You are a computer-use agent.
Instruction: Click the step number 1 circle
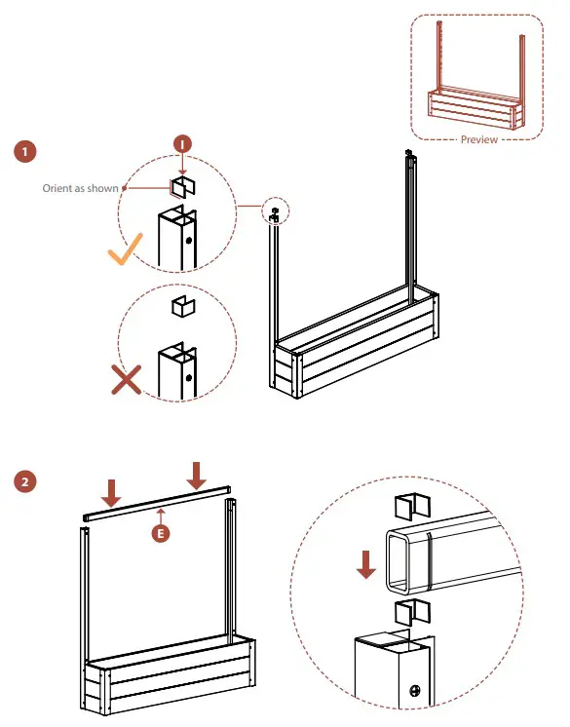[24, 151]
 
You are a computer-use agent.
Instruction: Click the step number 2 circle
[24, 481]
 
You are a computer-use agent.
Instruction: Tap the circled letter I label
[182, 144]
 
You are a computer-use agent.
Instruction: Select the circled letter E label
[161, 533]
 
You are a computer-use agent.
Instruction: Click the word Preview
[479, 139]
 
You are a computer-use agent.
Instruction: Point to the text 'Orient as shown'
[80, 188]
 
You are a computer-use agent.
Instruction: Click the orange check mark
[125, 249]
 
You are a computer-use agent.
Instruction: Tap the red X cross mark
[126, 379]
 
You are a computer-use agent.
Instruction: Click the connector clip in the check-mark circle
[183, 187]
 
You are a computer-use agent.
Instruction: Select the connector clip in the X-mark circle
[183, 306]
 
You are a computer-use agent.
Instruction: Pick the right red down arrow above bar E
[197, 476]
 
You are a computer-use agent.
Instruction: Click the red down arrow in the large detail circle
[366, 564]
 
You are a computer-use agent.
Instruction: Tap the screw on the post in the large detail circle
[415, 690]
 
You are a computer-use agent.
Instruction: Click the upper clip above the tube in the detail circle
[412, 507]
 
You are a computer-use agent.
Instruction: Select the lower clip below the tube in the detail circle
[412, 612]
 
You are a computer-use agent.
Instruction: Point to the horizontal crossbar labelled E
[157, 503]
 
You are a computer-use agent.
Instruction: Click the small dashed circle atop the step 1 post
[276, 211]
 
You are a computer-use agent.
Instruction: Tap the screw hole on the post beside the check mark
[189, 241]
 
